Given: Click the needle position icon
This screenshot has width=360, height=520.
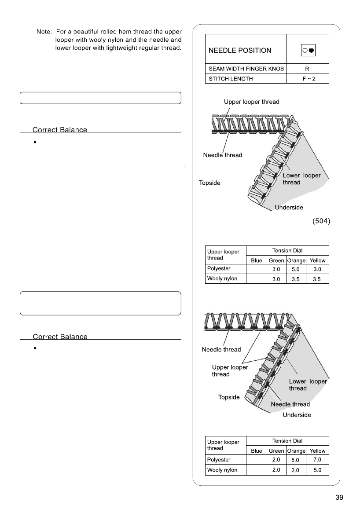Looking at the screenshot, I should (x=307, y=50).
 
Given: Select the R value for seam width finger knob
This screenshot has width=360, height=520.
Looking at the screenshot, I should (x=307, y=69).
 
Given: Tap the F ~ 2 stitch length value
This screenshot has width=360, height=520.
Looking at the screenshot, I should (x=307, y=80).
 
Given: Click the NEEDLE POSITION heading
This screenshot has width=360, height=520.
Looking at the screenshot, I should (x=239, y=50).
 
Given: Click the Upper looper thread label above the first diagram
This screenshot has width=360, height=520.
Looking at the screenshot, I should (x=251, y=102).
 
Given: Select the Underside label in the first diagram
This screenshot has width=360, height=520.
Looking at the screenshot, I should (x=289, y=207).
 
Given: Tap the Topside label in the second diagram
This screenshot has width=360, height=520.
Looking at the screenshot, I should (x=229, y=397).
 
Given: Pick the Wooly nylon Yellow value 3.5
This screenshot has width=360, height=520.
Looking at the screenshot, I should (x=317, y=279).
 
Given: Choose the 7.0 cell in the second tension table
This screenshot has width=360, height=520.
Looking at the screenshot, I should (x=317, y=459).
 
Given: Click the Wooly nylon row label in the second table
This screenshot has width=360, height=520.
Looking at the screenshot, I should (x=222, y=470).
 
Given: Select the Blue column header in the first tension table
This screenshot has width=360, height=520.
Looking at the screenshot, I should (x=256, y=260).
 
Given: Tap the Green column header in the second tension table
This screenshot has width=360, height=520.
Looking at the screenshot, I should (x=276, y=451).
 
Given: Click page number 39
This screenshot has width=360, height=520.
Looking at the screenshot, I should (x=339, y=498).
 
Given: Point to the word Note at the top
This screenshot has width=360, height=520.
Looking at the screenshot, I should (x=44, y=33).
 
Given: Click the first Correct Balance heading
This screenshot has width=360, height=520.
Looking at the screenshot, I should (x=60, y=130).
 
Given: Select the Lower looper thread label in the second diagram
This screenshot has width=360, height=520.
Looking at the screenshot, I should (x=307, y=385).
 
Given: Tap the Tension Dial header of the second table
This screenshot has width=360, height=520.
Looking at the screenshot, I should (x=287, y=440).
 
